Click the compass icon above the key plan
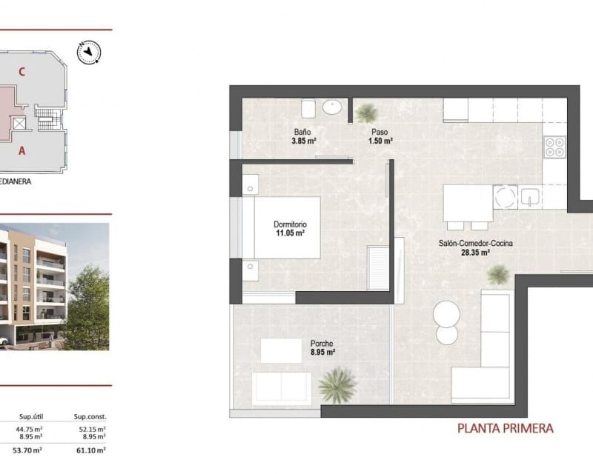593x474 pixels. tap(92, 51)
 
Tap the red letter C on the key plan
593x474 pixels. tap(23, 72)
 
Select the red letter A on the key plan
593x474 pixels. tap(23, 150)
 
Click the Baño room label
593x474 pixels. tap(299, 131)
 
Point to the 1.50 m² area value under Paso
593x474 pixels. tap(382, 140)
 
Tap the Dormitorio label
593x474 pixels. tap(290, 224)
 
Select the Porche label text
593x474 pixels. tap(322, 344)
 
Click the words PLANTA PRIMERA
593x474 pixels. tap(505, 428)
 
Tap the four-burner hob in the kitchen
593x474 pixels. tap(553, 147)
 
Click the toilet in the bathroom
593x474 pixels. tap(310, 109)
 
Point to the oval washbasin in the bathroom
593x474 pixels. tap(334, 108)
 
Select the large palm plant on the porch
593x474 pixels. tap(337, 385)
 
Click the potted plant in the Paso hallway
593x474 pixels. tap(365, 113)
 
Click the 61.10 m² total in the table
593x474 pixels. tap(92, 450)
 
